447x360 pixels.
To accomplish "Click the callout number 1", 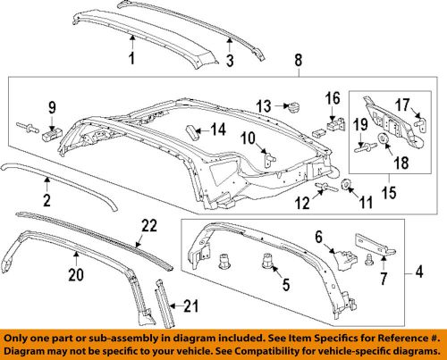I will tap(131, 60).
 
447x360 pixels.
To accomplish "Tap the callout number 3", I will tap(228, 61).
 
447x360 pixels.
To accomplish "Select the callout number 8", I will tap(298, 61).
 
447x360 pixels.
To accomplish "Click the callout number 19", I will tap(363, 125).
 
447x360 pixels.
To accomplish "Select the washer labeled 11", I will tap(350, 187).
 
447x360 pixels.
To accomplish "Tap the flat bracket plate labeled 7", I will tap(375, 244).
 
